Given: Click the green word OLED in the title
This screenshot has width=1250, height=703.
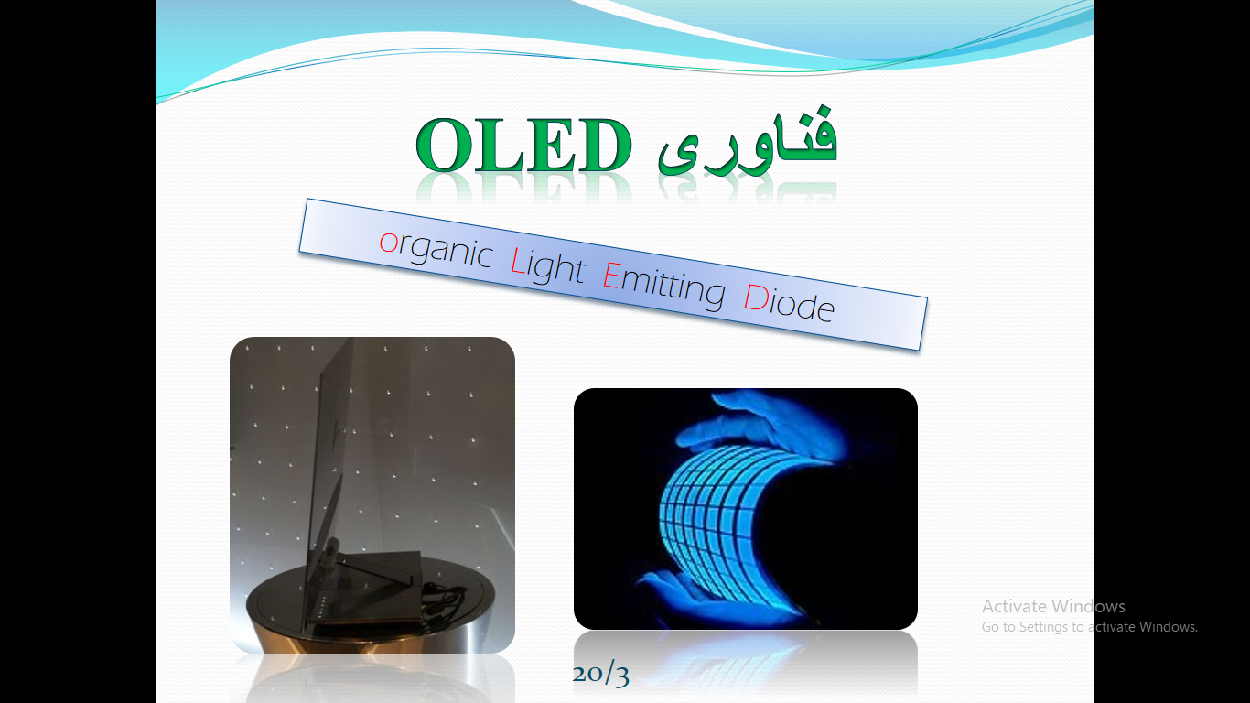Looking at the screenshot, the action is [x=524, y=146].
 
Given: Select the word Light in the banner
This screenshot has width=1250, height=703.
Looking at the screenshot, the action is [x=547, y=265].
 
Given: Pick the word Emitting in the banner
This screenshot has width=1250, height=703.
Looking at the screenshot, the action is [x=664, y=285].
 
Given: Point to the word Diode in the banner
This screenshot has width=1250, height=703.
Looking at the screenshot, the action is [x=789, y=303].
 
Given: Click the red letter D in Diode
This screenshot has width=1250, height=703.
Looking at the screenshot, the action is [x=756, y=297].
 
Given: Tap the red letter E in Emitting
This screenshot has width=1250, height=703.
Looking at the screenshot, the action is [x=611, y=276].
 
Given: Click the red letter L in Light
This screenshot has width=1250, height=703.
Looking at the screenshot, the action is [x=517, y=261].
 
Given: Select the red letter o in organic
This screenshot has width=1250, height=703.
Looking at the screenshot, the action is [x=389, y=243].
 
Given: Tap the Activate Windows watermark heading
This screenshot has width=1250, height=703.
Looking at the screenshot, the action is [x=1053, y=606].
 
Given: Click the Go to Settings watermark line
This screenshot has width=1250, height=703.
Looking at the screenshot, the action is [x=1089, y=627].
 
